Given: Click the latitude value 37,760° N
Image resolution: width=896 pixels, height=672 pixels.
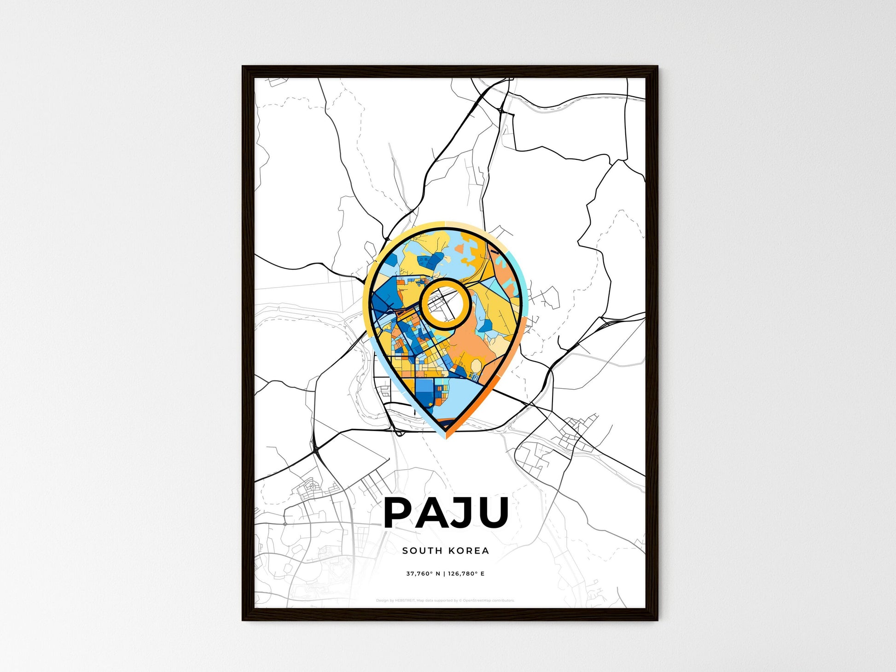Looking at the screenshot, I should tap(423, 573).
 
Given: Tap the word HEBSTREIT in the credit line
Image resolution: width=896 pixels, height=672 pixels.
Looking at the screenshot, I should tap(405, 601).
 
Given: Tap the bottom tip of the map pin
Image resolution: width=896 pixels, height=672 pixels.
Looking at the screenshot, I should tap(446, 437).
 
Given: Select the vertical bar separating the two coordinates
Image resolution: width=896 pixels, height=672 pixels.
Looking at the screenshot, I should tap(444, 573).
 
